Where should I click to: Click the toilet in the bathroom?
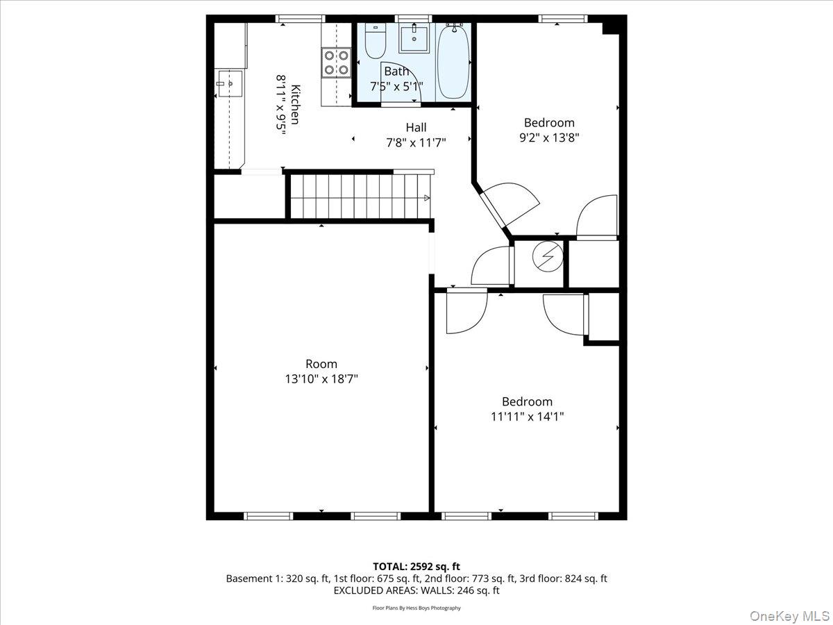375,42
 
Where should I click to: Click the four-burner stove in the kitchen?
337,62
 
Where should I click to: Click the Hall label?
416,127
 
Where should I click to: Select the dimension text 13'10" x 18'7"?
321,379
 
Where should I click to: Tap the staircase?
357,197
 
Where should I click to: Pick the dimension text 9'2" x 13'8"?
549,137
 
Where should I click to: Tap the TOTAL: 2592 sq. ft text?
416,565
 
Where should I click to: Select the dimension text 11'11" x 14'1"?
527,417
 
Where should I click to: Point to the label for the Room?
321,364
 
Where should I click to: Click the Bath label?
396,71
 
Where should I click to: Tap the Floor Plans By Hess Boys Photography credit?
416,608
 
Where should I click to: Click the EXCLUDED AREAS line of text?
416,590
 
